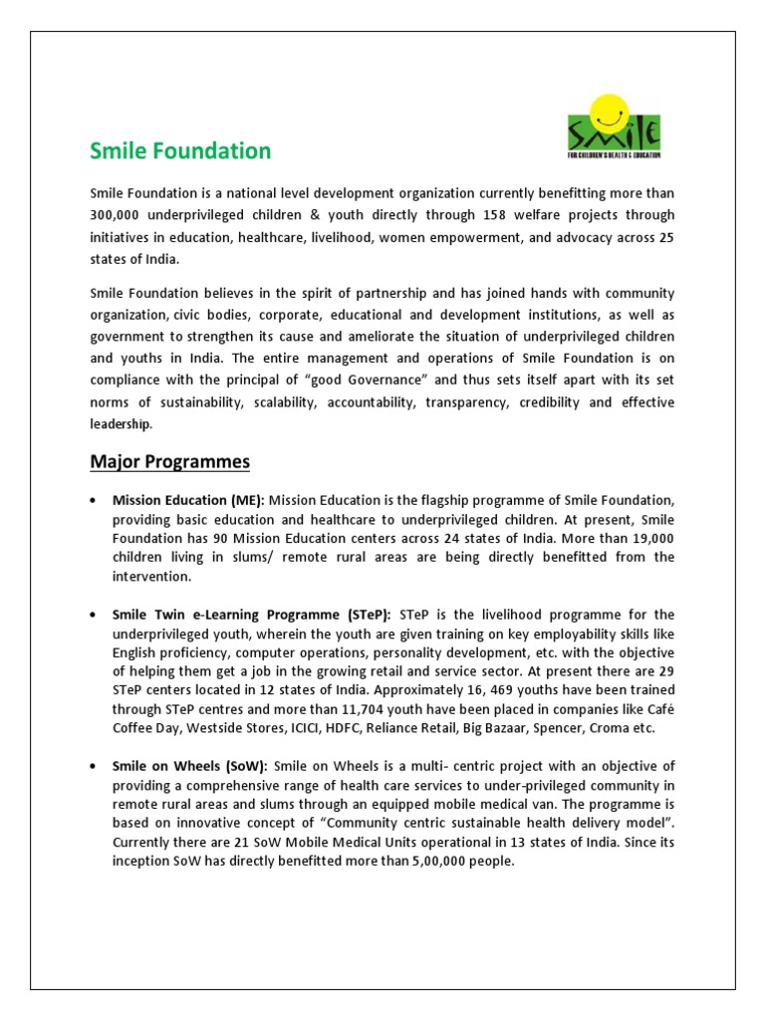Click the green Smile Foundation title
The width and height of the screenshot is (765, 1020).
coord(180,151)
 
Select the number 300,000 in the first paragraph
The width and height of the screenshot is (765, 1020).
coord(117,215)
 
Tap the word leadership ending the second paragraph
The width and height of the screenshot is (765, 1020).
coord(122,424)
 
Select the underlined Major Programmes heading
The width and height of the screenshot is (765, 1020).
coord(170,462)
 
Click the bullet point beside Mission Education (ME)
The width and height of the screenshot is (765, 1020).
coord(93,499)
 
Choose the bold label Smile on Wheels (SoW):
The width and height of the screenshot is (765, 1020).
coord(189,765)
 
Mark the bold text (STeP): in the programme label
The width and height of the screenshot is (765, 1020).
coord(366,615)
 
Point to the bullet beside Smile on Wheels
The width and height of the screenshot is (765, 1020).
coord(93,766)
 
